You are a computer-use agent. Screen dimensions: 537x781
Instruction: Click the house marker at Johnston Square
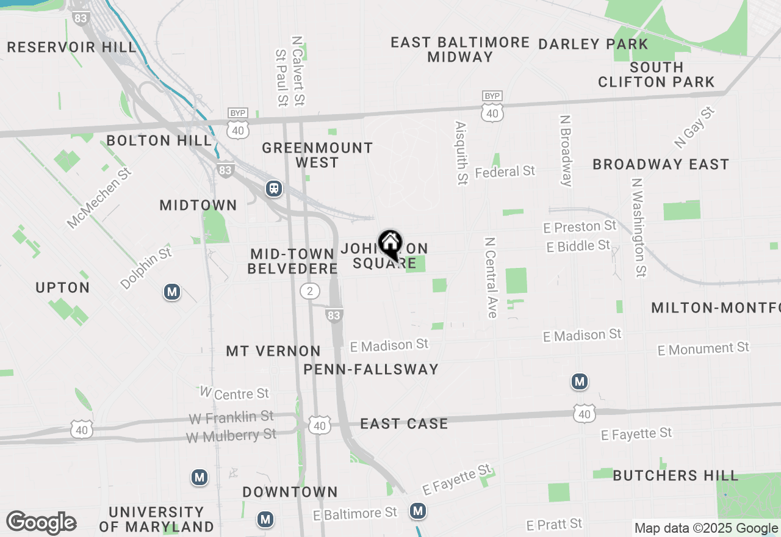390,245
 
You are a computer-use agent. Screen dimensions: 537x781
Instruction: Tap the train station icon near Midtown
274,189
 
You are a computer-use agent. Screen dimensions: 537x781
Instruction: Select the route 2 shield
310,291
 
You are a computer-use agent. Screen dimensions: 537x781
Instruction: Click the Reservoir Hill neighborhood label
72,47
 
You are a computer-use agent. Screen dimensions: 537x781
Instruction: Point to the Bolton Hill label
159,140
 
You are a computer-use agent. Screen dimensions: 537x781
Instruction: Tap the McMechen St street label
99,198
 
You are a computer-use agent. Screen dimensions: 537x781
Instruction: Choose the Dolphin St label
146,268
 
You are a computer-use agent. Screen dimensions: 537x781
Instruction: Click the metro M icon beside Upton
172,292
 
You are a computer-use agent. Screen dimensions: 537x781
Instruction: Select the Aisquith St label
461,153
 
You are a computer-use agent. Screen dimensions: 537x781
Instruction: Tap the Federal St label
505,172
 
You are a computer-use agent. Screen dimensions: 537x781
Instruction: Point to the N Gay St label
694,128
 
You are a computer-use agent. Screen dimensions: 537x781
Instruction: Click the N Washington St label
639,227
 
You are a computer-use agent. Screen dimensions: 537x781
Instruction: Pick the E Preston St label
580,226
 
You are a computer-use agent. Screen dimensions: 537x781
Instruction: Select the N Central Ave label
491,278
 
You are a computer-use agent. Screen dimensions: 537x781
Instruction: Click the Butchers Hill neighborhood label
675,475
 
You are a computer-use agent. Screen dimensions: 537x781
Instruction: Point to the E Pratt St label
554,524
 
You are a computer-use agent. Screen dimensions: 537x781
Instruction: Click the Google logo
41,523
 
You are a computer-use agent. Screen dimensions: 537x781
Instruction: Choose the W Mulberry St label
231,436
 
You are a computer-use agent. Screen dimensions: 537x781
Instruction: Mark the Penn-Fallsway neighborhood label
371,369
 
